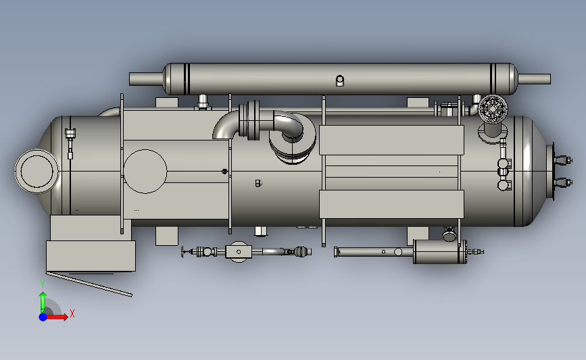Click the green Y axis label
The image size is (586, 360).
[x=42, y=284]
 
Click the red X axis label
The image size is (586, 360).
[x=72, y=313]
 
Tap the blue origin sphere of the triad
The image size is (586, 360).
[x=43, y=317]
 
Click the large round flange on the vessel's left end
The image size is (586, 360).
[x=36, y=172]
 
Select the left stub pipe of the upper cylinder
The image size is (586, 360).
[x=147, y=79]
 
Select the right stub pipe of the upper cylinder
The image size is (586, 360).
[x=534, y=79]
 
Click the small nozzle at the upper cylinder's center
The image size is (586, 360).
[x=340, y=80]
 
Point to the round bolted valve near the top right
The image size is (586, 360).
[x=493, y=108]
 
